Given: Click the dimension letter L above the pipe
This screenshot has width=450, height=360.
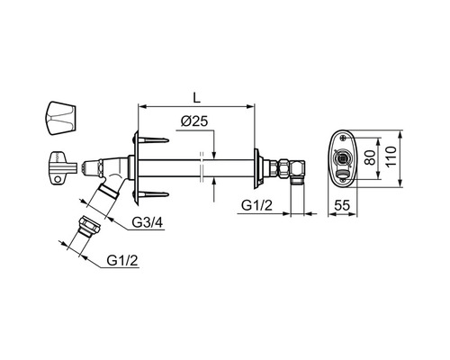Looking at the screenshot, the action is point(196,97).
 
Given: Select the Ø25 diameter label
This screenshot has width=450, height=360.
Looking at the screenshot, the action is point(194,121).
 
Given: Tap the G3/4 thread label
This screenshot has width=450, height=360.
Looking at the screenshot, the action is point(148,222).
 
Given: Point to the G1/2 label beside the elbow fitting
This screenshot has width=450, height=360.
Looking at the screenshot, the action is point(257,206).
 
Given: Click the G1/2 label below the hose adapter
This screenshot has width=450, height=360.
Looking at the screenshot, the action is point(122,260).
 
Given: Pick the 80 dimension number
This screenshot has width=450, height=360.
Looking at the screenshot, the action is point(371,157).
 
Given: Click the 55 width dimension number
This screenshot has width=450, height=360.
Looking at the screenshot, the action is point(342,205).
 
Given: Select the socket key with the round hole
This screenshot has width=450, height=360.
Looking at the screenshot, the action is point(64,167).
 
